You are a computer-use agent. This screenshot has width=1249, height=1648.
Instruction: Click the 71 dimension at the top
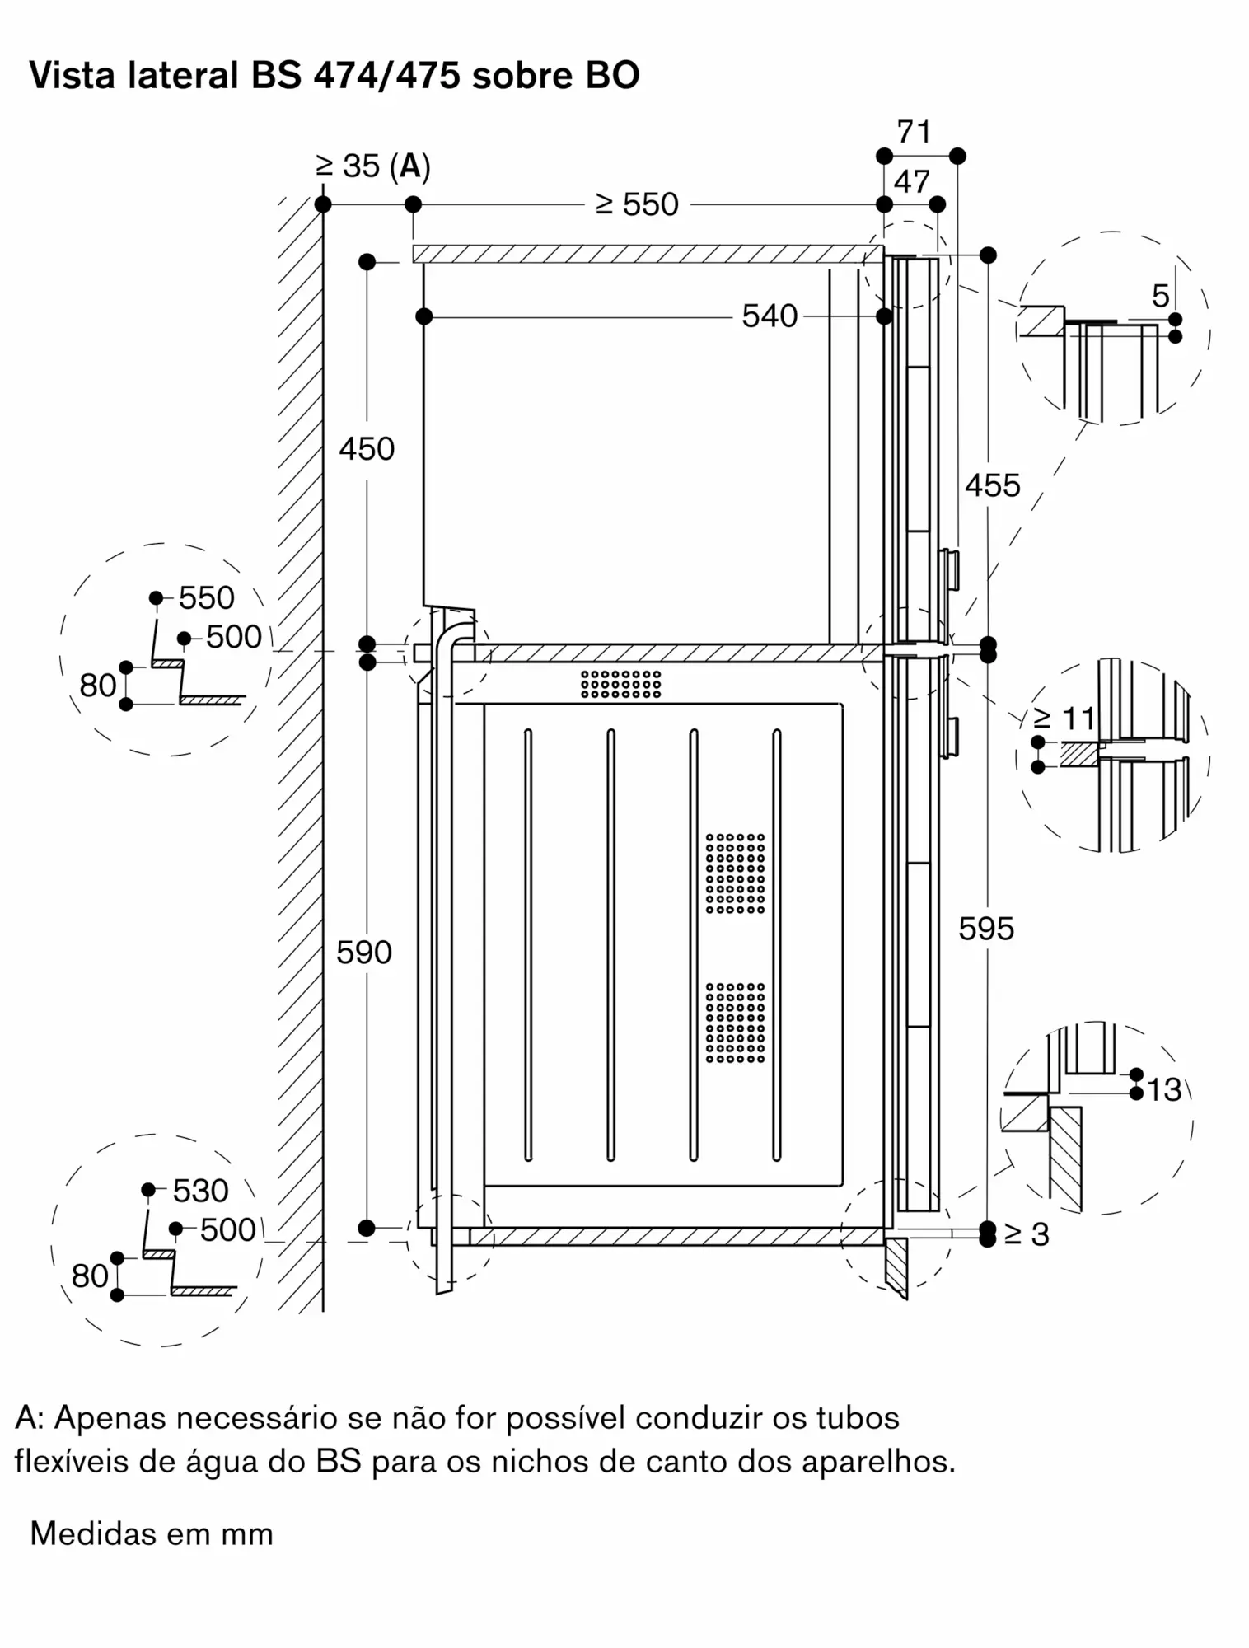(x=914, y=132)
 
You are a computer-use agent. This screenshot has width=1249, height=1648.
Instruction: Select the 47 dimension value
(x=911, y=182)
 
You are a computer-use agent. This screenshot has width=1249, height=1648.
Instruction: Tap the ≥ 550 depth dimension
(x=637, y=204)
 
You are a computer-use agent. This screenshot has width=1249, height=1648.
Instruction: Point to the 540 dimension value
(x=770, y=316)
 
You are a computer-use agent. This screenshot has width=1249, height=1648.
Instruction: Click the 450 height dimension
(x=367, y=449)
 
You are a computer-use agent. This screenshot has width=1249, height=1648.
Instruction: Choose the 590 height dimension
(x=364, y=953)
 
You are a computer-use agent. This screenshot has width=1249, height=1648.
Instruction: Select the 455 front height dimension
(x=992, y=485)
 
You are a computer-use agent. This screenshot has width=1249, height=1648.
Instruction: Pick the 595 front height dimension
(x=986, y=929)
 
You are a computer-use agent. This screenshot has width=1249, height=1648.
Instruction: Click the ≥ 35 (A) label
(x=373, y=166)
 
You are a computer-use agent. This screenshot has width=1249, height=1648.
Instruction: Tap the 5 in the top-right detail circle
(x=1160, y=296)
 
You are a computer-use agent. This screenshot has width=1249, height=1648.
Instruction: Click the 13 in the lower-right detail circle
(x=1163, y=1090)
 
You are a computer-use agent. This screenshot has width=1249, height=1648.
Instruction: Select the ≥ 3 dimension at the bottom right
(x=1027, y=1234)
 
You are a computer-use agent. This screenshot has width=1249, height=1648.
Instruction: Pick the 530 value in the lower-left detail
(x=200, y=1191)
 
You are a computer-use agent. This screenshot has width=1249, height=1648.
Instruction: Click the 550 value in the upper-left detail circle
(x=206, y=598)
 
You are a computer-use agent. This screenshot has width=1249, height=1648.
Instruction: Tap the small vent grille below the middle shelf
(x=620, y=684)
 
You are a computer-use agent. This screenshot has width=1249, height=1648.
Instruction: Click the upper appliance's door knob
(x=949, y=569)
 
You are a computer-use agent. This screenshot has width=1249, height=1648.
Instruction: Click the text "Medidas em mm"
(x=152, y=1534)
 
